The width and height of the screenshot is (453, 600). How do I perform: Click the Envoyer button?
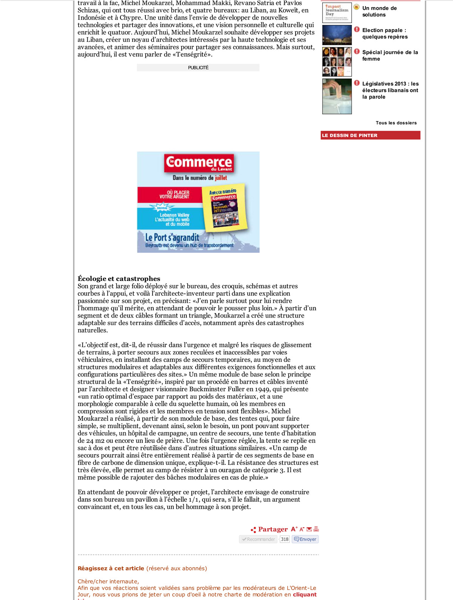pos(305,539)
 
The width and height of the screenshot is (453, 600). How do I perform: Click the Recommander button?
pos(259,539)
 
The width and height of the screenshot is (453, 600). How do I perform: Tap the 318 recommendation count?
pos(285,539)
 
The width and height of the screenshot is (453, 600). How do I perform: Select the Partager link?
pos(273,529)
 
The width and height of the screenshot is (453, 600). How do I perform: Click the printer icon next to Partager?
pos(316,529)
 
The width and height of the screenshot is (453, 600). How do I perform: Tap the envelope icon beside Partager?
pos(309,529)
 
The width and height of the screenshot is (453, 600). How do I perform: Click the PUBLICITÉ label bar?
pos(198,68)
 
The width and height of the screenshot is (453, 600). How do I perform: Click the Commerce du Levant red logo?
pos(199,163)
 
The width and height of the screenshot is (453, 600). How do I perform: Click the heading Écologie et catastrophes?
pos(119,279)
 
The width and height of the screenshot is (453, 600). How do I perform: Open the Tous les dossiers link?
pos(396,123)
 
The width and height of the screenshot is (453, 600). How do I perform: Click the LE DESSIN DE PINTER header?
pos(370,135)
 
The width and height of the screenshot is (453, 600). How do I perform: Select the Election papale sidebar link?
pos(385,33)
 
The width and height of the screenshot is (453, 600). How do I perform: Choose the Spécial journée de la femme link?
pos(390,56)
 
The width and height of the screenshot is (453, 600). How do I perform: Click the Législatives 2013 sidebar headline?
pos(390,90)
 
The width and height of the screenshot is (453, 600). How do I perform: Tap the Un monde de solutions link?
pos(379,11)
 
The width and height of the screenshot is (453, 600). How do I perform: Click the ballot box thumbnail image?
pos(337,96)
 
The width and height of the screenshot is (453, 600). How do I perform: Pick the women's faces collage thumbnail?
pos(337,62)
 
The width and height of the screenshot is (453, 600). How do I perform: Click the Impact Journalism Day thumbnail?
pos(337,12)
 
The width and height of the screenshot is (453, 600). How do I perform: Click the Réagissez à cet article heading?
pos(111,568)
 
